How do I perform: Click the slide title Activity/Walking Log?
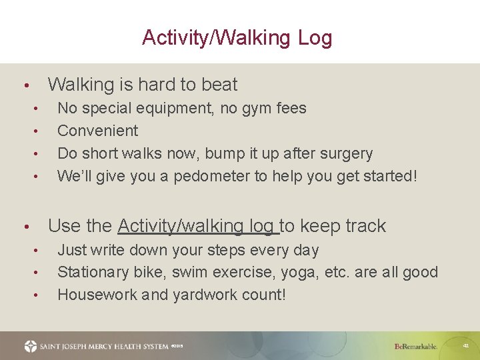click(x=237, y=37)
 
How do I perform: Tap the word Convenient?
click(x=97, y=131)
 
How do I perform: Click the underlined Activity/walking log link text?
click(x=197, y=226)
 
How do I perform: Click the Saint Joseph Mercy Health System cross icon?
click(x=31, y=346)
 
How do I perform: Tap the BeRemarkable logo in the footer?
click(x=415, y=346)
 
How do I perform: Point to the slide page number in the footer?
click(x=466, y=346)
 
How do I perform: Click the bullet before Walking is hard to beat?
click(x=25, y=86)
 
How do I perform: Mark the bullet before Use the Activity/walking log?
click(x=25, y=227)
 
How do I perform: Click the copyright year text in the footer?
click(x=177, y=346)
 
